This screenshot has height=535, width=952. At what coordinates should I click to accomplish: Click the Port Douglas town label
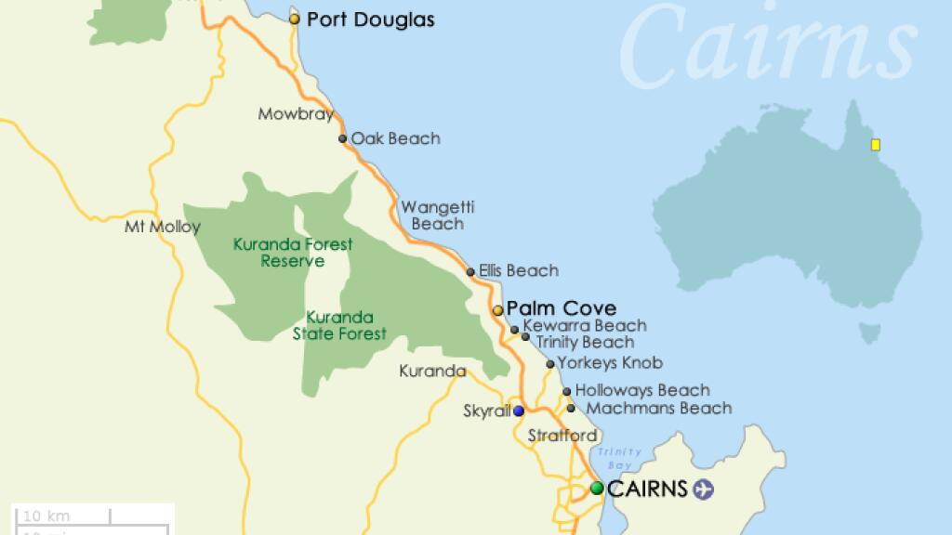(x=370, y=20)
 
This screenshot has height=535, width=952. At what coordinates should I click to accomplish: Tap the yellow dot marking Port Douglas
(x=295, y=19)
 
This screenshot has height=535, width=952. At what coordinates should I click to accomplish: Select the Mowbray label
(x=295, y=114)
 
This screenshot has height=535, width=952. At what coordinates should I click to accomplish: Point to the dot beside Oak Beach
(x=343, y=139)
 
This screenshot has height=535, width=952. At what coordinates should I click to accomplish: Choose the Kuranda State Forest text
(x=339, y=325)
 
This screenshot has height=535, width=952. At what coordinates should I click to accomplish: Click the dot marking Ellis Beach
(x=470, y=271)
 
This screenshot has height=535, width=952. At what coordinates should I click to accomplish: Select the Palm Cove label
(x=562, y=308)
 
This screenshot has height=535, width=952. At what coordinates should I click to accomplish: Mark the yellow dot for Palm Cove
(x=498, y=310)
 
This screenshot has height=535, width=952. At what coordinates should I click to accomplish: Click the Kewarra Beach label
(x=584, y=326)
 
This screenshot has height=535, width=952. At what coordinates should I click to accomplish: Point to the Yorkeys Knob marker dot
(x=550, y=364)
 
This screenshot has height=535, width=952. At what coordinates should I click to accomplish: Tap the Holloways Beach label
(x=642, y=390)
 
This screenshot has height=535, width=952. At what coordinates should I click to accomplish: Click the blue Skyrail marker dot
(x=518, y=411)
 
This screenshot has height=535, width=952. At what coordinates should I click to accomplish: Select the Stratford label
(x=562, y=435)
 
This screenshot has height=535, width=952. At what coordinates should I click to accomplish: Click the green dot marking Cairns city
(x=597, y=489)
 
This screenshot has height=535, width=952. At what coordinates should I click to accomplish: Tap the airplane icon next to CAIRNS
(x=704, y=489)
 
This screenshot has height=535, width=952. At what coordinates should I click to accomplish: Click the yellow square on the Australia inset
(x=875, y=144)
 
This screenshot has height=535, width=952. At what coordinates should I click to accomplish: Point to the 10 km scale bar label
(x=46, y=516)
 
